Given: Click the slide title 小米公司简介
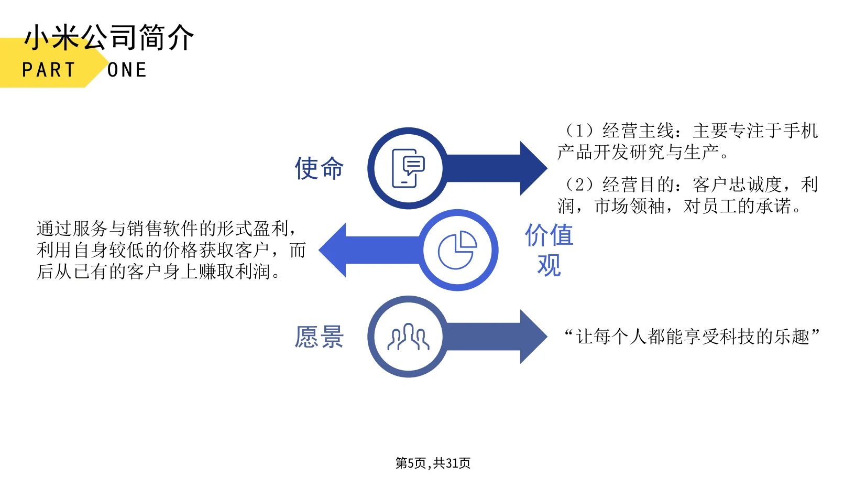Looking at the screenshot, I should [x=109, y=38].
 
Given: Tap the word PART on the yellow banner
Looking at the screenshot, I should [x=49, y=70].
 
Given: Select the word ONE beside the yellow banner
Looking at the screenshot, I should [x=127, y=70].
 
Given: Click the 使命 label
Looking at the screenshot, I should [x=319, y=168].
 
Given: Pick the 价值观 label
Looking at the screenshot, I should [x=549, y=250].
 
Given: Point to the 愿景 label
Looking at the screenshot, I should [x=319, y=337].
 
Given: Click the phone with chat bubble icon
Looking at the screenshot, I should [x=408, y=168].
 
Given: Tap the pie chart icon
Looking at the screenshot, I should [x=457, y=250].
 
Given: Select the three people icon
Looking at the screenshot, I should [x=408, y=337].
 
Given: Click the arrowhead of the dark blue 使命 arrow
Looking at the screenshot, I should [x=533, y=168].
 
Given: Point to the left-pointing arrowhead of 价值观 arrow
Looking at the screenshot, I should [x=334, y=250].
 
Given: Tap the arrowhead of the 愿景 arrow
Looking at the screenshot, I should [x=533, y=337].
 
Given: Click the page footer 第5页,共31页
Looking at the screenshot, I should [x=433, y=463].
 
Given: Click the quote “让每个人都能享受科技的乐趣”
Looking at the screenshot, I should [x=692, y=337].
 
